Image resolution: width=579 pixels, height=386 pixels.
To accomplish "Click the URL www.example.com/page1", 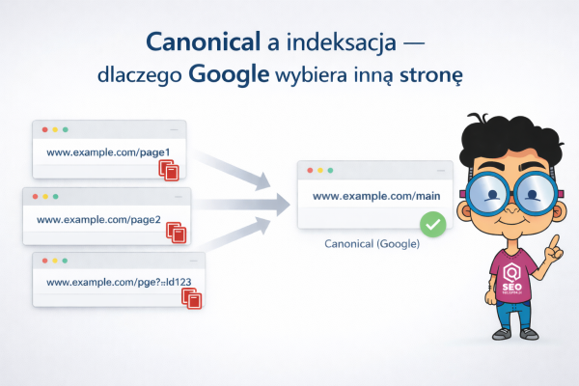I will (x=95, y=152).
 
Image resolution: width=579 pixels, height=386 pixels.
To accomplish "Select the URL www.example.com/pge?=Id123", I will (x=107, y=283).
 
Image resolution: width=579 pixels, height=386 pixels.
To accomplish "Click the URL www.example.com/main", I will (x=370, y=198).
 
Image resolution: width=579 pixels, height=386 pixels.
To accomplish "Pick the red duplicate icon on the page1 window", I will (x=170, y=170).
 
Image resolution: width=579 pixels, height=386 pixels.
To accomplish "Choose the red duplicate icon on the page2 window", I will (x=177, y=233).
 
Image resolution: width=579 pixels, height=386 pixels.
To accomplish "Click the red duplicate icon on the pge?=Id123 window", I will (x=191, y=298).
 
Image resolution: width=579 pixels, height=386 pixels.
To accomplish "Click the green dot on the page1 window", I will (x=69, y=128).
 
